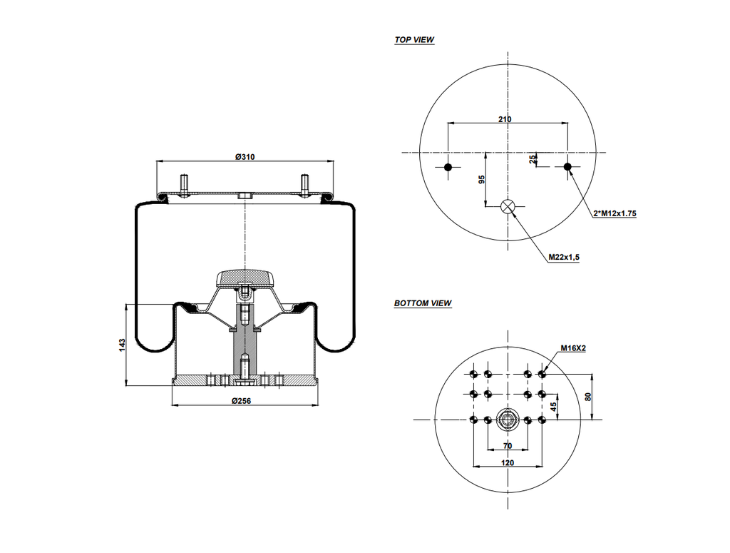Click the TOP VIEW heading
[414, 40]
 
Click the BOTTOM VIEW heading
[423, 303]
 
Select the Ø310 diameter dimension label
[245, 157]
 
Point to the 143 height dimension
[122, 345]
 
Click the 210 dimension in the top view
[505, 119]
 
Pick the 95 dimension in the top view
[481, 179]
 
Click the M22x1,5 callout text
[563, 257]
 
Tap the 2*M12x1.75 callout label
[614, 213]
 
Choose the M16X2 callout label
[572, 348]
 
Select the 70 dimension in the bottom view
[507, 446]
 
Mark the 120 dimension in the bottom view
[507, 463]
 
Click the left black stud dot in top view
[448, 167]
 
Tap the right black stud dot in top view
[567, 167]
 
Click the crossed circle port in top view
[508, 206]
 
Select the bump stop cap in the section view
[245, 277]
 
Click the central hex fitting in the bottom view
[508, 420]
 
